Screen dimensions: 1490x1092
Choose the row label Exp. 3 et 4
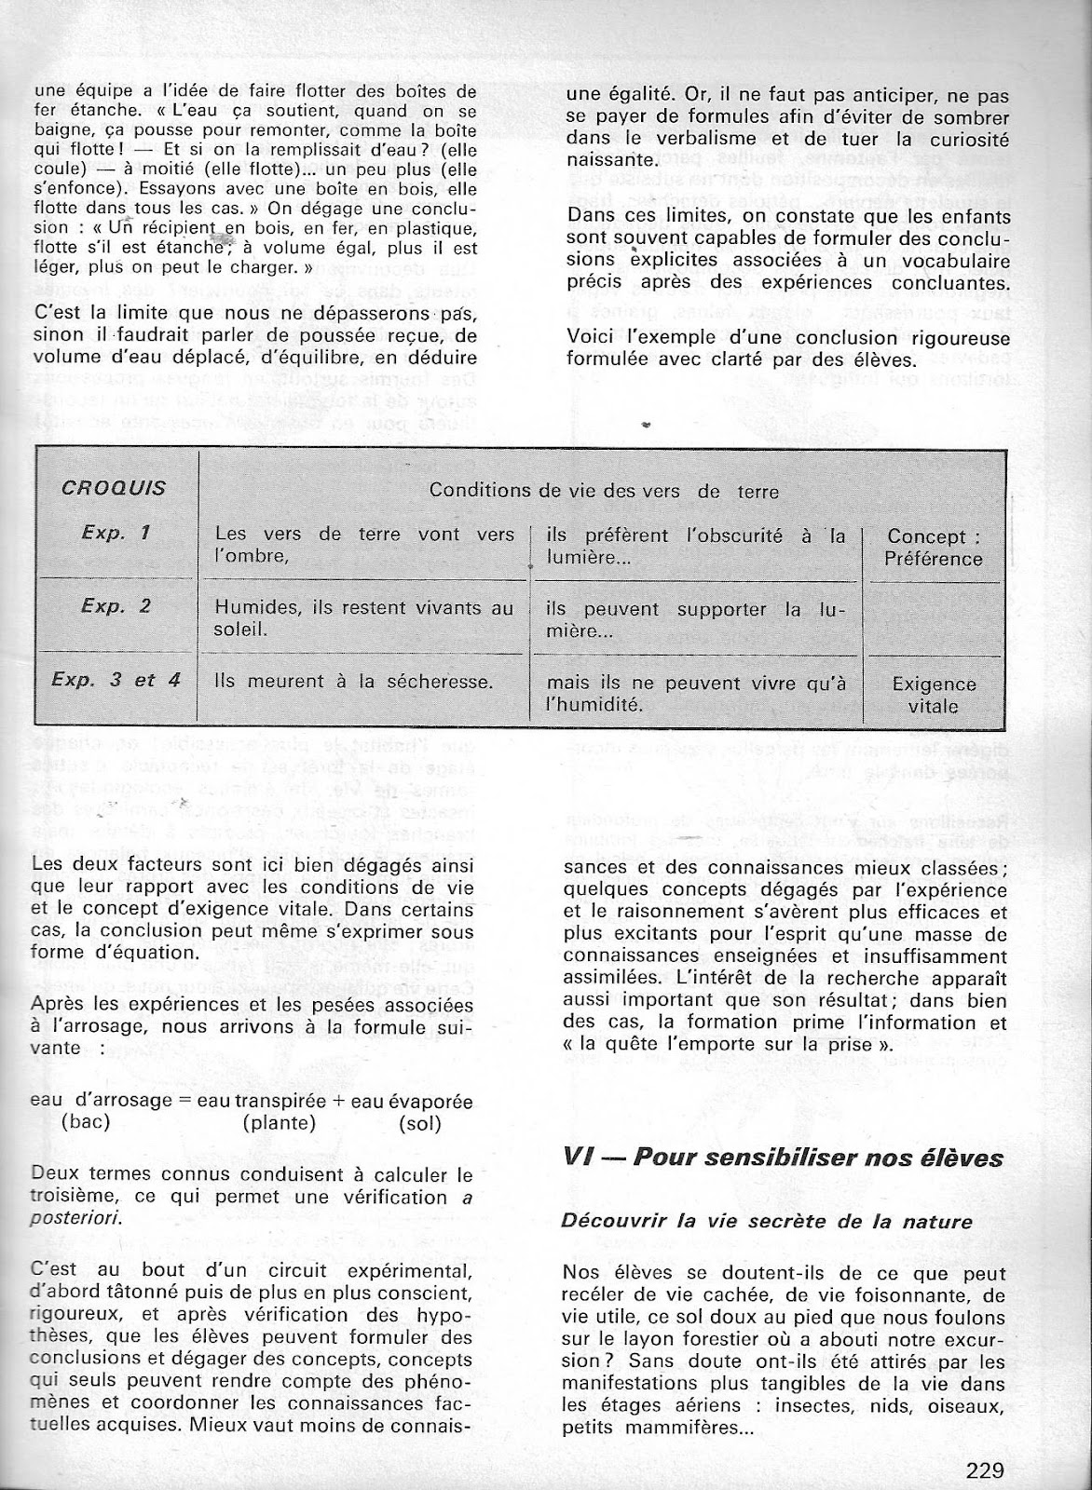click(116, 679)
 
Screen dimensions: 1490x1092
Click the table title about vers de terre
click(603, 491)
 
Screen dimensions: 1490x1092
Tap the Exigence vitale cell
click(934, 695)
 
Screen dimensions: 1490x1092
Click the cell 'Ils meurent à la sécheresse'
click(353, 681)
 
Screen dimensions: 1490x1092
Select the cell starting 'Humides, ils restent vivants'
click(363, 618)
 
